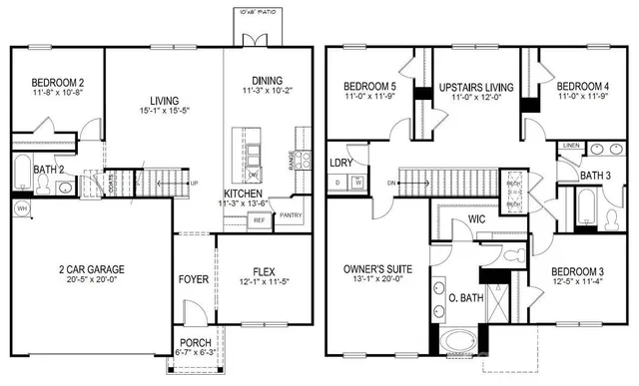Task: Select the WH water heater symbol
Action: coord(21,207)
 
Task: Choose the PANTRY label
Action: coord(290,214)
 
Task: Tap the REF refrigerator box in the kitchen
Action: coord(259,219)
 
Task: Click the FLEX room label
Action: coord(264,270)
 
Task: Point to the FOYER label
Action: coord(193,279)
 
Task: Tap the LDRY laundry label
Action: coord(339,163)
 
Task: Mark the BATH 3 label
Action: coord(595,177)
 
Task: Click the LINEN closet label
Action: coord(570,146)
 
